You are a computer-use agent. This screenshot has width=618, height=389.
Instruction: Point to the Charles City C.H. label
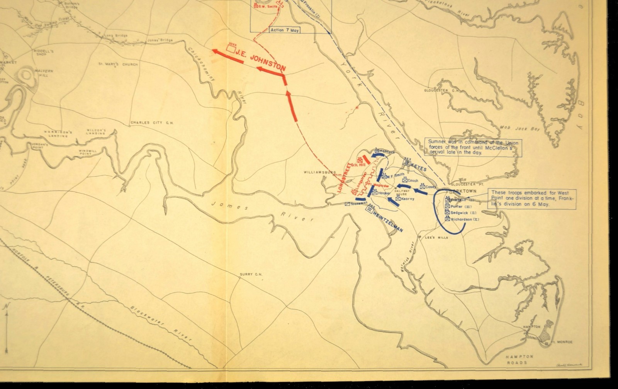click(x=153, y=123)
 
